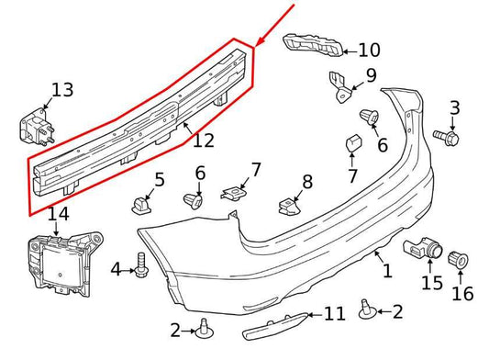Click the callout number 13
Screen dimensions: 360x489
pyautogui.click(x=62, y=90)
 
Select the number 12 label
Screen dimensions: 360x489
pyautogui.click(x=203, y=141)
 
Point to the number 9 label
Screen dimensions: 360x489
pyautogui.click(x=371, y=75)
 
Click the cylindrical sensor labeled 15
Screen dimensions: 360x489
pyautogui.click(x=422, y=248)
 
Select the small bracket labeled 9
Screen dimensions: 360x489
pyautogui.click(x=339, y=87)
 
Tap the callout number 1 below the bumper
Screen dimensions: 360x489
pyautogui.click(x=386, y=271)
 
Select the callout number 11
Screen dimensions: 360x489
pyautogui.click(x=334, y=315)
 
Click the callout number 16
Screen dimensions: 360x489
pyautogui.click(x=462, y=295)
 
